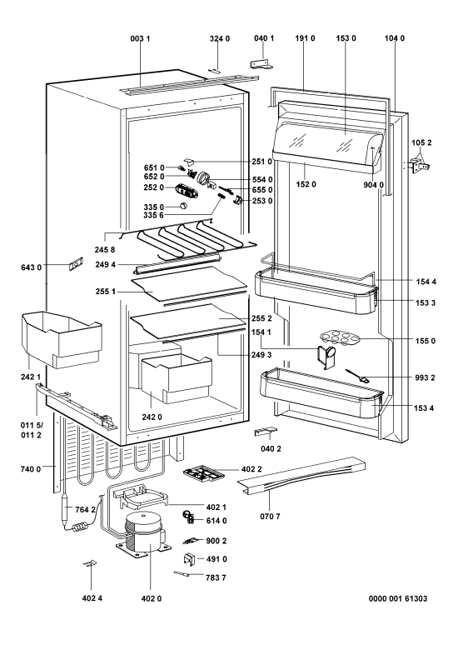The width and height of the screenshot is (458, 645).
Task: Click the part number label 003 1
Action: [x=140, y=38]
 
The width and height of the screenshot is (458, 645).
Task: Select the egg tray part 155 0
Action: [x=339, y=337]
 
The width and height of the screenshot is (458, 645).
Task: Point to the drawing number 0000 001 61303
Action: [x=397, y=598]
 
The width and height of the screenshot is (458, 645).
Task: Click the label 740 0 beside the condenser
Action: [x=31, y=468]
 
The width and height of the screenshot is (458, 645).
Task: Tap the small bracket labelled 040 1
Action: [x=261, y=63]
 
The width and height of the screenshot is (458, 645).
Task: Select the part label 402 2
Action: [x=251, y=470]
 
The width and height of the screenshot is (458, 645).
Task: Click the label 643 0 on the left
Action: [x=32, y=267]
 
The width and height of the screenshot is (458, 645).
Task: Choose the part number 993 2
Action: [x=425, y=378]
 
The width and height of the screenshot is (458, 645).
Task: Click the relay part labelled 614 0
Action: [x=189, y=517]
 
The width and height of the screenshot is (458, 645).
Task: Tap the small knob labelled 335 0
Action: [x=184, y=206]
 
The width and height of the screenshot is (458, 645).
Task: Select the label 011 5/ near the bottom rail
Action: [x=32, y=425]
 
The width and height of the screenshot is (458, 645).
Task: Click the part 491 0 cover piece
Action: [x=188, y=559]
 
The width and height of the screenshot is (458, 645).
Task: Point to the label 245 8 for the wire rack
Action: [x=106, y=250]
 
